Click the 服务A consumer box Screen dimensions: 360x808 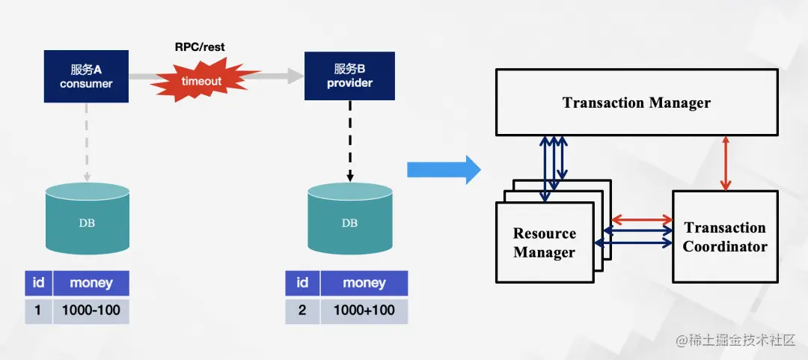coord(86,76)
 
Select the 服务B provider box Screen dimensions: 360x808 coord(349,76)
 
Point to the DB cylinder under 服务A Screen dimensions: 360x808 coord(87,219)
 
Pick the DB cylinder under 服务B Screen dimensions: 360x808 coord(349,219)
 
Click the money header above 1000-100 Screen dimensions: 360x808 coord(91,283)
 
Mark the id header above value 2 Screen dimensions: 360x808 coord(302,283)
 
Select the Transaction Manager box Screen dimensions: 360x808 coord(636,103)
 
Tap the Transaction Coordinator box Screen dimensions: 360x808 coord(725,237)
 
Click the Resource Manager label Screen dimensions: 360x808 coord(545,242)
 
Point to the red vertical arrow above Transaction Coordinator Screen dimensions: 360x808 coord(724,163)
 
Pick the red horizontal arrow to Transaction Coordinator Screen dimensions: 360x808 coord(642,220)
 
